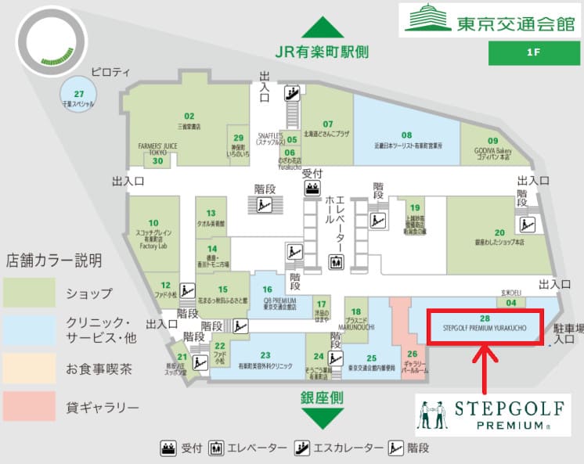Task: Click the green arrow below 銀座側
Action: tap(322, 419)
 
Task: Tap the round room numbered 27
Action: tap(78, 94)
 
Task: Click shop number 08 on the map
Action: tap(406, 135)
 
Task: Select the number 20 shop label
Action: tap(499, 232)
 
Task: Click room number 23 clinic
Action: tap(265, 355)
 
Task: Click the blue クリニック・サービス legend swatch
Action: tap(30, 331)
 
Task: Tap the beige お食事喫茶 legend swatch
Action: tap(30, 369)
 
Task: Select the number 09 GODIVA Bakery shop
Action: tap(493, 140)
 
